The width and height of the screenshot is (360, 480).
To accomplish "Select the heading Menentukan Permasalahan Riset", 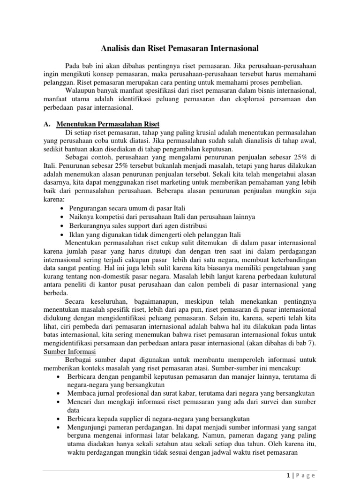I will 108,124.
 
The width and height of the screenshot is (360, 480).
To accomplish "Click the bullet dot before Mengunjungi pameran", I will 57,427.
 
